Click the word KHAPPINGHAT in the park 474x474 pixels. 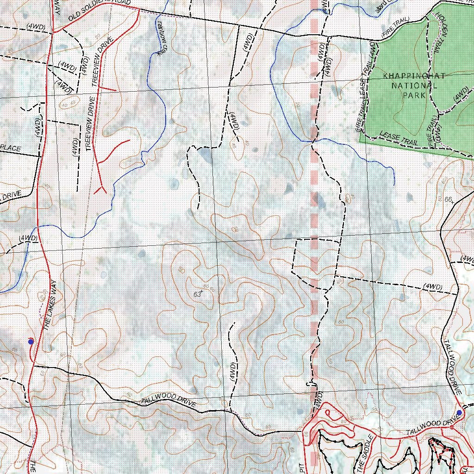[414, 76]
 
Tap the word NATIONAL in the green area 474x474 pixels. [414, 86]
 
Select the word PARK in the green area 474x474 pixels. [414, 95]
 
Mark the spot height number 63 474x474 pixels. [198, 294]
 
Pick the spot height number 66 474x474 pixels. [448, 199]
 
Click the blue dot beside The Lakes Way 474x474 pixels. [31, 342]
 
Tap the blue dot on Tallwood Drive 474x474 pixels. [459, 412]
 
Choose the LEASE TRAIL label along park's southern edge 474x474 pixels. [399, 138]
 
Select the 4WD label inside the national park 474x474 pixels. [461, 95]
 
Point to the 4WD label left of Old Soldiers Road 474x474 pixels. [36, 27]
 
